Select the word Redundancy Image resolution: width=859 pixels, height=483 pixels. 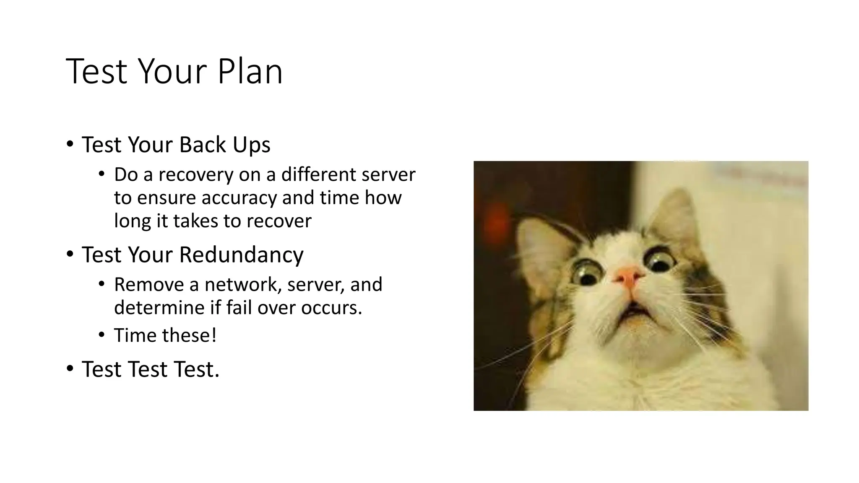pyautogui.click(x=241, y=254)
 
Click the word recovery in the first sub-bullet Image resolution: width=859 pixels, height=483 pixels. pyautogui.click(x=196, y=174)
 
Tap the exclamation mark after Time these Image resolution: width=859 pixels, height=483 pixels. pyautogui.click(x=214, y=335)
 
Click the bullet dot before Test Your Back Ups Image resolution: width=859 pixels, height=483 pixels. pyautogui.click(x=70, y=144)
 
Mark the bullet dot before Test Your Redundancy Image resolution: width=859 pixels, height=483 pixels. pyautogui.click(x=70, y=254)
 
